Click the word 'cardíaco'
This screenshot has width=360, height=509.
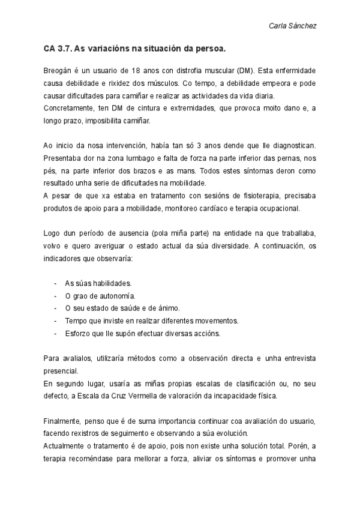tap(223, 208)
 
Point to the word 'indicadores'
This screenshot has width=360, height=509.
tap(63, 258)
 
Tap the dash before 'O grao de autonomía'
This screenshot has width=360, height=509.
tap(55, 296)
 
